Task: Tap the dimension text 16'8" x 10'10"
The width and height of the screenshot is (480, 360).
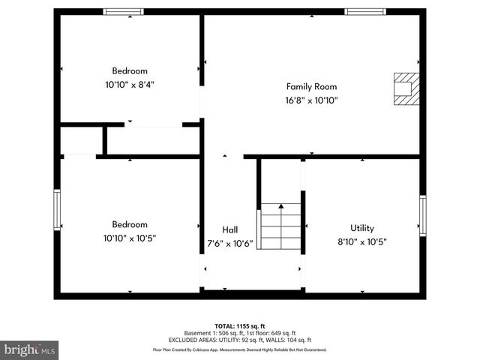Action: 311,100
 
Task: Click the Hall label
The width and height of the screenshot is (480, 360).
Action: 230,229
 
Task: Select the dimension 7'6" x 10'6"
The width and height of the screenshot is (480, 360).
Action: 230,243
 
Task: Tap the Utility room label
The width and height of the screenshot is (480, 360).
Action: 362,228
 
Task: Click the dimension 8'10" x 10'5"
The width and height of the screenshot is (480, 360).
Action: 362,241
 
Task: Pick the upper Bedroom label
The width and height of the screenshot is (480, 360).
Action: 130,71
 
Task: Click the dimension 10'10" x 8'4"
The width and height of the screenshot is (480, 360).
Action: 130,85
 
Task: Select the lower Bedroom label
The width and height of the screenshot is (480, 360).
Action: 130,224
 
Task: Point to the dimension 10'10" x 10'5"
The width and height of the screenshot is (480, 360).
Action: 130,238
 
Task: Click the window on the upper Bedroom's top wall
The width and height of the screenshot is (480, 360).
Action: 124,11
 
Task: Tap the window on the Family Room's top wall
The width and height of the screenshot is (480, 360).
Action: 364,11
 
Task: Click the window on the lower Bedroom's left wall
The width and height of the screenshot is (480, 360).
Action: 56,209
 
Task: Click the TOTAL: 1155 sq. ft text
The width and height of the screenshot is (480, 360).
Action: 240,326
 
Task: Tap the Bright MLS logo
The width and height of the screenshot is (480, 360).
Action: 30,349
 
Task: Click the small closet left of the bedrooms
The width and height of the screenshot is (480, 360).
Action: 81,140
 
